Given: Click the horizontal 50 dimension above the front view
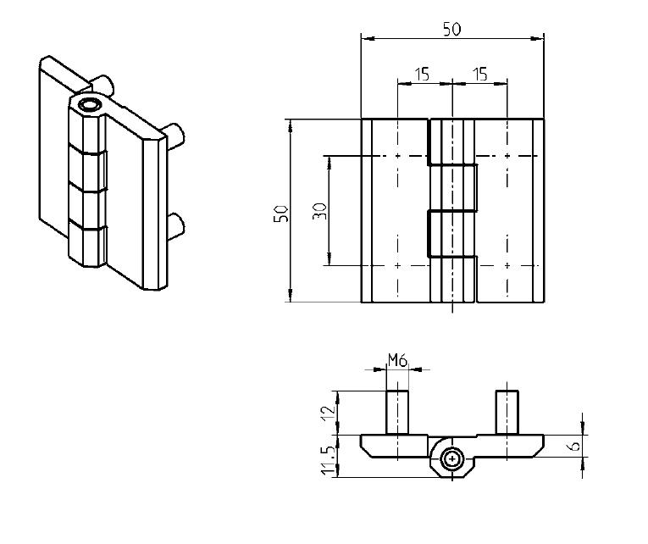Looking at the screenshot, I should [451, 29].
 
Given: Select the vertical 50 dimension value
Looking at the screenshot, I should [282, 213].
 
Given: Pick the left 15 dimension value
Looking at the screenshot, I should [421, 75].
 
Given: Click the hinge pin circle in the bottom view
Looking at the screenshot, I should [453, 459].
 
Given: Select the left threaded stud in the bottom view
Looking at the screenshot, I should [397, 412].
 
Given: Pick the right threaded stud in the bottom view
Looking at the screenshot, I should [507, 412].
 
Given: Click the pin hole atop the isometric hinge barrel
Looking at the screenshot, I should [88, 106].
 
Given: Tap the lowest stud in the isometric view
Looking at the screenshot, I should [177, 225].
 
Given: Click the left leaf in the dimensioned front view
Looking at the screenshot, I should [395, 212].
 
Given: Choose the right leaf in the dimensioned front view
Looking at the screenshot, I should [508, 212].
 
